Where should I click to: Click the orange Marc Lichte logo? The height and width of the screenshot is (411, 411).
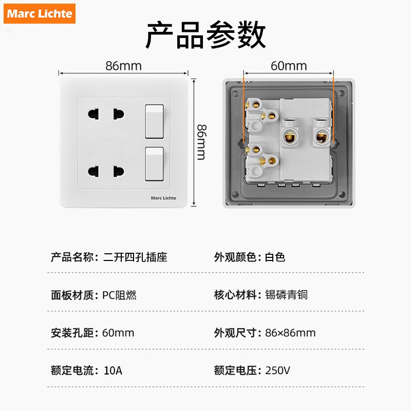click(x=40, y=13)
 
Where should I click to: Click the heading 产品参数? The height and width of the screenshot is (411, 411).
click(x=206, y=35)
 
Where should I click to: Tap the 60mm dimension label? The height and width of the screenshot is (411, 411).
click(x=288, y=66)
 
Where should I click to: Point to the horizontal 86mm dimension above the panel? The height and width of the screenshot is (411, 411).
click(x=123, y=66)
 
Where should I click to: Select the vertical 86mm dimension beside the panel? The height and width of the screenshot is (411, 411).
click(x=201, y=142)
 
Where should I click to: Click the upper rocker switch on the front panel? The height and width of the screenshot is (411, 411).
click(x=154, y=122)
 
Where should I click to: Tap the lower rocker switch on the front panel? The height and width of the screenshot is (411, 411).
click(x=154, y=164)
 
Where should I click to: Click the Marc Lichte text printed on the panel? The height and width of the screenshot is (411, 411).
click(x=163, y=198)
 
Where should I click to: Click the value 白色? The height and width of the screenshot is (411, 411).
click(x=275, y=257)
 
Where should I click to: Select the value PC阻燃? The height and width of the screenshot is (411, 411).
click(x=119, y=295)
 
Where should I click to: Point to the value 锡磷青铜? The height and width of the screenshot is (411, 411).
click(x=286, y=295)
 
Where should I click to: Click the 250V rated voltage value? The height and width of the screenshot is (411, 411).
click(x=278, y=370)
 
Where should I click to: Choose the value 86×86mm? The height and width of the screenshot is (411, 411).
click(x=290, y=333)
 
